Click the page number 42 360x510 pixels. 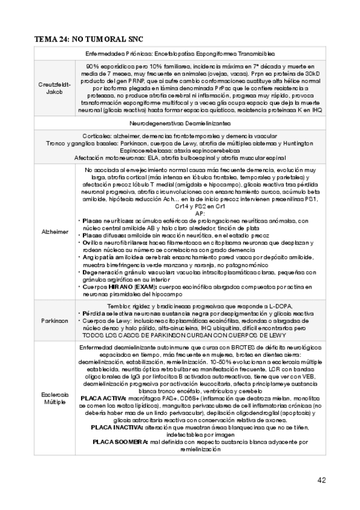[x=322, y=480]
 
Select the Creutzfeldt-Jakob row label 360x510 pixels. [x=55, y=88]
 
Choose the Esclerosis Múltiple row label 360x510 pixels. [x=55, y=398]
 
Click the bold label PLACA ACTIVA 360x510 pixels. [x=102, y=398]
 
